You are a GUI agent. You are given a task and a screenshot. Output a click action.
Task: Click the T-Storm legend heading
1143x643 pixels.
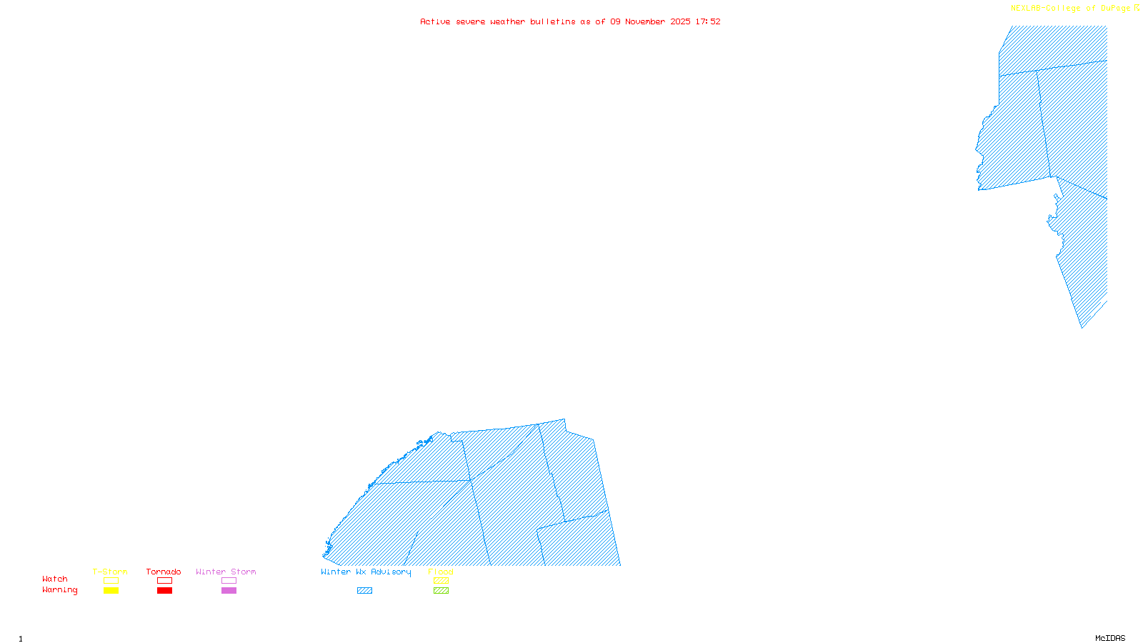pos(110,572)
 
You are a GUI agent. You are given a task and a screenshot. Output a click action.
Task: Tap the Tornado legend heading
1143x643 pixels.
pos(164,572)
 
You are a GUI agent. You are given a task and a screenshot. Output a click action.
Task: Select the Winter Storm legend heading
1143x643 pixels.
pos(226,572)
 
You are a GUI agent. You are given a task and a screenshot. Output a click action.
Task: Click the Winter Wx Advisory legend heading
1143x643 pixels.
pos(366,572)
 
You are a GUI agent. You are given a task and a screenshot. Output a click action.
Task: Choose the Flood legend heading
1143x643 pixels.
pos(441,572)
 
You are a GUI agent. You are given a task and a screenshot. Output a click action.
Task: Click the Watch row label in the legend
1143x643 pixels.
pos(55,579)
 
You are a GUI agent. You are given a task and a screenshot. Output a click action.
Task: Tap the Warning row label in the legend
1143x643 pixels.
pos(60,590)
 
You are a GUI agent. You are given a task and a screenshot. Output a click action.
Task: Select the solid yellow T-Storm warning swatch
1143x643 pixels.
pos(111,591)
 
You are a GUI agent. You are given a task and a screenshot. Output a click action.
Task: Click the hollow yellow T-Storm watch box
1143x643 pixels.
pos(111,581)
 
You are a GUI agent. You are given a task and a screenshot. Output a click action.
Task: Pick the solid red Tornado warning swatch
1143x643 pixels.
pos(164,591)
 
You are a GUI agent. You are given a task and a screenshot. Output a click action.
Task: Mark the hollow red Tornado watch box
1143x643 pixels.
pos(164,581)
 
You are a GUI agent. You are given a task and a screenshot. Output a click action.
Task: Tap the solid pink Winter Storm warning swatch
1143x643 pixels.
pos(229,591)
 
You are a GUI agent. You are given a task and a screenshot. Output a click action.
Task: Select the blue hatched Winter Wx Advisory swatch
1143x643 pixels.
pos(364,591)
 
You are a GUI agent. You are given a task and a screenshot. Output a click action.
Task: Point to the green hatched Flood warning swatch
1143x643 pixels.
pos(441,591)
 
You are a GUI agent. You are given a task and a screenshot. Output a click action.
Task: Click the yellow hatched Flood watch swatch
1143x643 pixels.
pos(441,581)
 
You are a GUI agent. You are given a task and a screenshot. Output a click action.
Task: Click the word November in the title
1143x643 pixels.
pos(645,21)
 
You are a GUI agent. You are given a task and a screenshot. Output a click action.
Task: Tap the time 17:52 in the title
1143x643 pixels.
pos(708,21)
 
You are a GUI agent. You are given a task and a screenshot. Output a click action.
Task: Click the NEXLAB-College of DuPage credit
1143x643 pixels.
pos(1071,9)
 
